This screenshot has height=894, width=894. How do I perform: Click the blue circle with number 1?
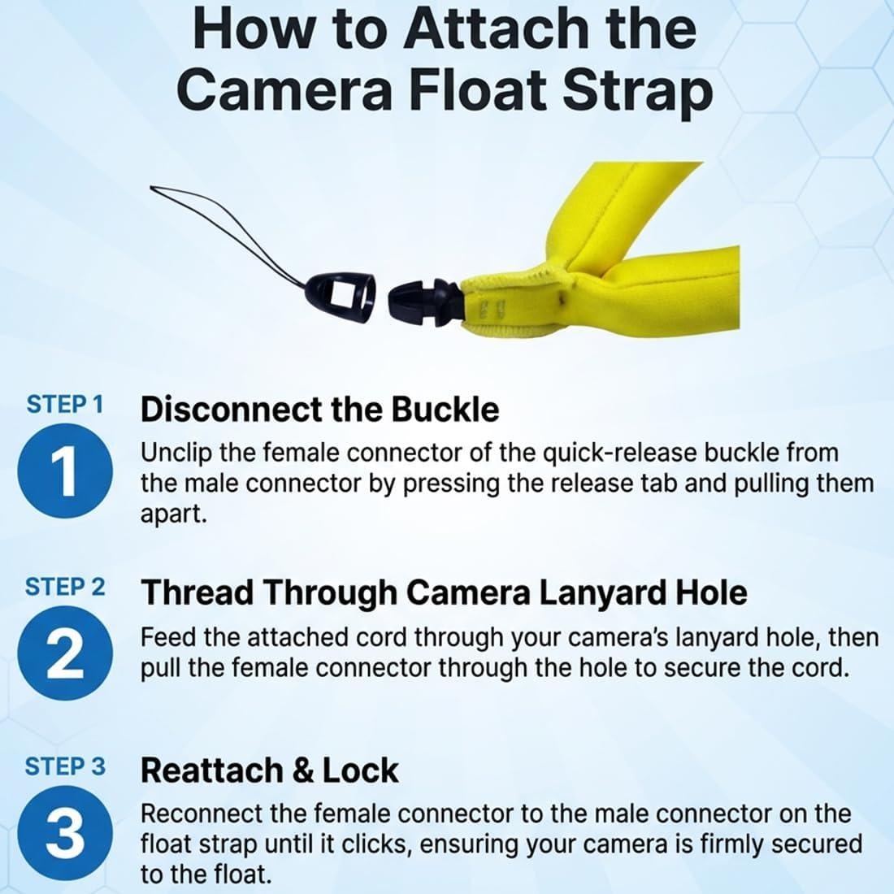pos(65,471)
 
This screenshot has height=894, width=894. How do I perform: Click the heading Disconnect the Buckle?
pos(319,409)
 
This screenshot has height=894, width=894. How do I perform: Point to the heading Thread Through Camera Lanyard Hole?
pos(444,592)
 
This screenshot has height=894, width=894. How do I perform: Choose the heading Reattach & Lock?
pos(269,770)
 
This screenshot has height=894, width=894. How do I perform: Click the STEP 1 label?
pos(65,405)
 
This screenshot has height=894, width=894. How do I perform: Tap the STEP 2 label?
pos(65,587)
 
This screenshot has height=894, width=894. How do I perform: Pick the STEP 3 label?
pos(65,766)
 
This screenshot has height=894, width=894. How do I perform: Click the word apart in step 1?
pos(173,514)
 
